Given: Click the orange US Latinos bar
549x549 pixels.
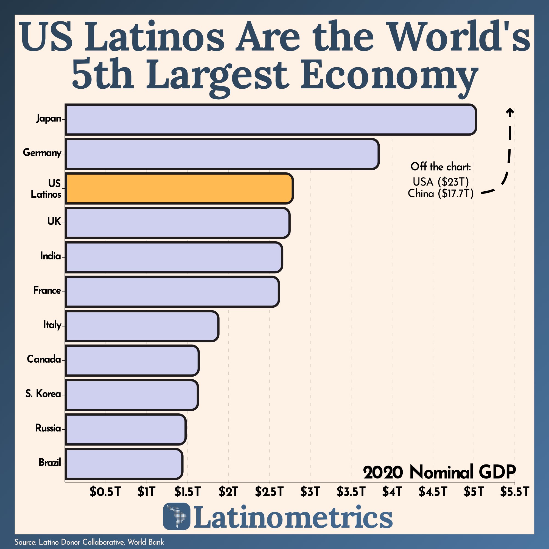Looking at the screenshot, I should [x=179, y=188].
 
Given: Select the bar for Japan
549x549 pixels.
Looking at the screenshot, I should [x=271, y=119].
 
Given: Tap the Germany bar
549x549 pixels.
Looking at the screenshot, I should [x=222, y=154].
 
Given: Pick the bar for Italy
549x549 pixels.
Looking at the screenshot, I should [x=142, y=326].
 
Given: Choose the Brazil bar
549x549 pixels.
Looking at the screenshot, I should [x=124, y=464].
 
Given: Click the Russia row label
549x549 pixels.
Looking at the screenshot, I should [x=48, y=428].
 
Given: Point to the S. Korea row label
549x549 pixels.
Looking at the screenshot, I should [x=43, y=394].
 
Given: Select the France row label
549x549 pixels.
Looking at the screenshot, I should [x=47, y=290].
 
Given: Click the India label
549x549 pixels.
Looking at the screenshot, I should [x=50, y=256].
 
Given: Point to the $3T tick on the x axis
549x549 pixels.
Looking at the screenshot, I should [x=310, y=492].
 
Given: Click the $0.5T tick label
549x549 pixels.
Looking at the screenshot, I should [x=105, y=492].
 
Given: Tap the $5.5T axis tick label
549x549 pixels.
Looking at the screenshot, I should [x=515, y=492].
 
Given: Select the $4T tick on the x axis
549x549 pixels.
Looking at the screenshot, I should [x=392, y=492].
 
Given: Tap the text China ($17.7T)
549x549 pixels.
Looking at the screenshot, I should [x=441, y=194].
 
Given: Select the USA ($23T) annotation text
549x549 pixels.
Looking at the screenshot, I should [x=441, y=181].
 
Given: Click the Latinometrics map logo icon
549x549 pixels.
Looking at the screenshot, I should [x=177, y=516].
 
